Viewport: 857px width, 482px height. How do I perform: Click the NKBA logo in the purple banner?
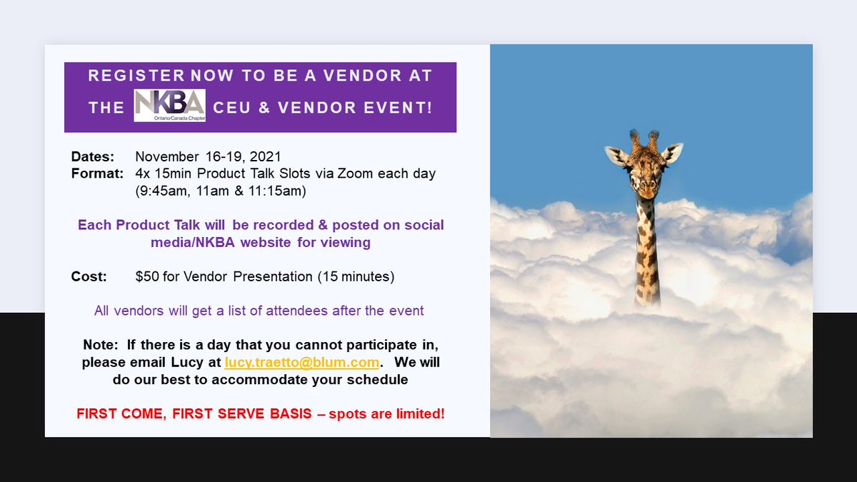pos(170,106)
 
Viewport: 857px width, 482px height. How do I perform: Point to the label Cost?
pos(89,276)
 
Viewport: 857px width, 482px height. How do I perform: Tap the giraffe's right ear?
pos(673,152)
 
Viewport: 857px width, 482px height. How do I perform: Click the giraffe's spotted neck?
pos(646,250)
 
